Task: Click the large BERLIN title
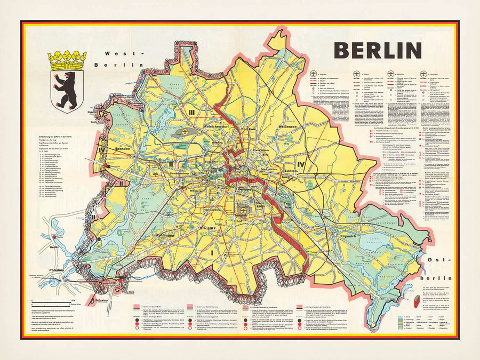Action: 378,50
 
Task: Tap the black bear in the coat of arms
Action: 67,86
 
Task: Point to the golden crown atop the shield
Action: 67,60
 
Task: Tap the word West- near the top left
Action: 125,53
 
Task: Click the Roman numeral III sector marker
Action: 191,111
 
